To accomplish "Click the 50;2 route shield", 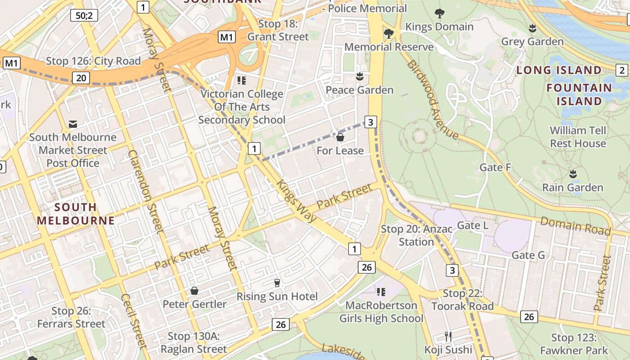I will coord(84,15).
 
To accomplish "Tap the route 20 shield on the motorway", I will coord(81,78).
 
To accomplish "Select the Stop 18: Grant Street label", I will coord(278,31).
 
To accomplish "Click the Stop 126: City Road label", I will coord(94,61).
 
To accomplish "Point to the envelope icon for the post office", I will coord(72,124).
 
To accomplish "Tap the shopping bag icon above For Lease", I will coord(340,137).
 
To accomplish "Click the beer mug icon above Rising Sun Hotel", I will coord(277,283).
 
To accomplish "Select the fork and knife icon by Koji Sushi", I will coord(448,337).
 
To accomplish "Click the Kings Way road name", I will coord(297,201).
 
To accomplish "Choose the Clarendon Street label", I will coord(145,191).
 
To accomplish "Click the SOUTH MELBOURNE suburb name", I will coord(75,214).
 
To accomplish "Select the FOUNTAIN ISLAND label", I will coord(579,94).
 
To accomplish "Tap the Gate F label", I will coord(495,167).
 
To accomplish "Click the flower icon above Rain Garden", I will coord(573,174).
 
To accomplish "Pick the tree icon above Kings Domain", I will coord(439,13).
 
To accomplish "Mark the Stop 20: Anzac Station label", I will coord(416,235).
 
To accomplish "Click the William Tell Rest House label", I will coord(578,137).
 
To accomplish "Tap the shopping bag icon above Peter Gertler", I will coord(194,291).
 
